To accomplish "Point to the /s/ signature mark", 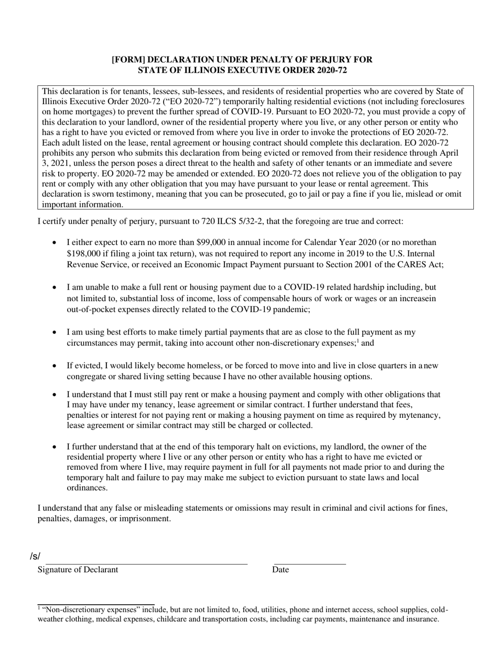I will tap(35, 556).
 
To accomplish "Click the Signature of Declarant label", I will tap(78, 570).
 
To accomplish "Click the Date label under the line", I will tap(280, 570).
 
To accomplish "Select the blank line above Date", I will tap(310, 564).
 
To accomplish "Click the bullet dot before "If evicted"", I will tap(56, 366).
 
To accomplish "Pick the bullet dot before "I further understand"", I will tap(56, 447).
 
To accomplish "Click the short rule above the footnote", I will tap(96, 604).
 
